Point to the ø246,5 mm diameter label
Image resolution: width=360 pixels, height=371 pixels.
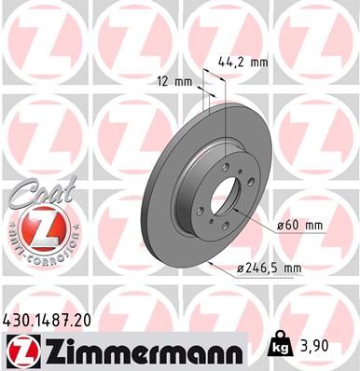point(270,269)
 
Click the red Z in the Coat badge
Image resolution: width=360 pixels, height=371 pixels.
point(32,227)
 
